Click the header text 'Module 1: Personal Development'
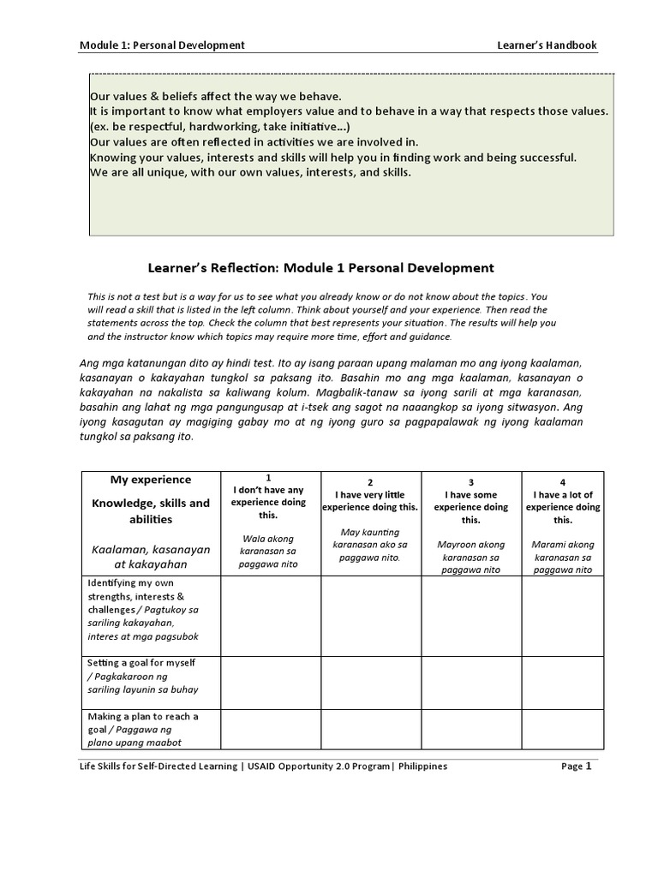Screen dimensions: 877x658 pyautogui.click(x=162, y=45)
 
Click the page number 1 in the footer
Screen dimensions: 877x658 pyautogui.click(x=589, y=767)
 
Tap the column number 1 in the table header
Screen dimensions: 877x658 pyautogui.click(x=268, y=477)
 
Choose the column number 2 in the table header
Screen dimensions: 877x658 pyautogui.click(x=370, y=482)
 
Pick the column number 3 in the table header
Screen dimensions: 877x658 pyautogui.click(x=470, y=482)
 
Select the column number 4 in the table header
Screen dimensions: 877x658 pyautogui.click(x=562, y=482)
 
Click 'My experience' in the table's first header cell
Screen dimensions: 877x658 pyautogui.click(x=151, y=480)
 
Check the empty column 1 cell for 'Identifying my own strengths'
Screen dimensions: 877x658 pyautogui.click(x=271, y=615)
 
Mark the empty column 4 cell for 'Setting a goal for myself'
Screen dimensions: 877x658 pyautogui.click(x=562, y=682)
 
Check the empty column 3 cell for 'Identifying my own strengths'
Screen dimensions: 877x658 pyautogui.click(x=470, y=615)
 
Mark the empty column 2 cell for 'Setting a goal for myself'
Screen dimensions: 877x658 pyautogui.click(x=370, y=682)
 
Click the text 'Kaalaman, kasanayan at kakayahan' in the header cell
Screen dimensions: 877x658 pyautogui.click(x=151, y=557)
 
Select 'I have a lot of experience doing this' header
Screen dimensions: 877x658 pyautogui.click(x=562, y=507)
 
